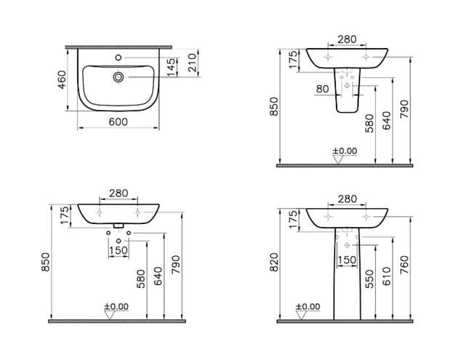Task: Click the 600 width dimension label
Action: [x=119, y=122]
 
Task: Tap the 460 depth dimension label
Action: [x=62, y=80]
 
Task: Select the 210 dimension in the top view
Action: [x=192, y=63]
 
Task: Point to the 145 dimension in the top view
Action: [x=171, y=68]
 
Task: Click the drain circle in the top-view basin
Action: [x=119, y=77]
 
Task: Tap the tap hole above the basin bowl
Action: [x=119, y=57]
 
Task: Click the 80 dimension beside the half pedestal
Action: [x=322, y=89]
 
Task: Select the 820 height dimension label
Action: [x=274, y=262]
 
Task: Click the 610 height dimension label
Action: [x=387, y=276]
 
